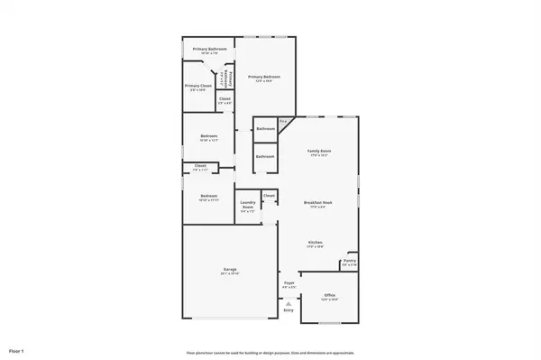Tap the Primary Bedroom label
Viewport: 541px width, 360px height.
(264, 78)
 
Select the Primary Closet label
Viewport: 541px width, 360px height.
(200, 86)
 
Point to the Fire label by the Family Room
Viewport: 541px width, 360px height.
(282, 121)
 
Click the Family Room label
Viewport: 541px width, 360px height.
(319, 151)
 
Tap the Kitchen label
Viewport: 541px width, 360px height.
(316, 243)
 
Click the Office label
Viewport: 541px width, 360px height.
(330, 296)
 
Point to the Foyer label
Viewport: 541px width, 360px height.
(289, 283)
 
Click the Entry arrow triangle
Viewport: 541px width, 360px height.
(289, 304)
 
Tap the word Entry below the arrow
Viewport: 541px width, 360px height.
(289, 310)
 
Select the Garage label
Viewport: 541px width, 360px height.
(229, 270)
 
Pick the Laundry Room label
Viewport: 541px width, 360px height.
(247, 207)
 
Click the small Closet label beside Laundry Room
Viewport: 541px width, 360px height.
(269, 195)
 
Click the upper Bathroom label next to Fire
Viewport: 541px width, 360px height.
(265, 129)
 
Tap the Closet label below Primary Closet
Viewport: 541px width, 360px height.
(225, 98)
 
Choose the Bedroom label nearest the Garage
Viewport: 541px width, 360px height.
(208, 196)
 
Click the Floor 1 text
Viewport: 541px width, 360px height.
(16, 349)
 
